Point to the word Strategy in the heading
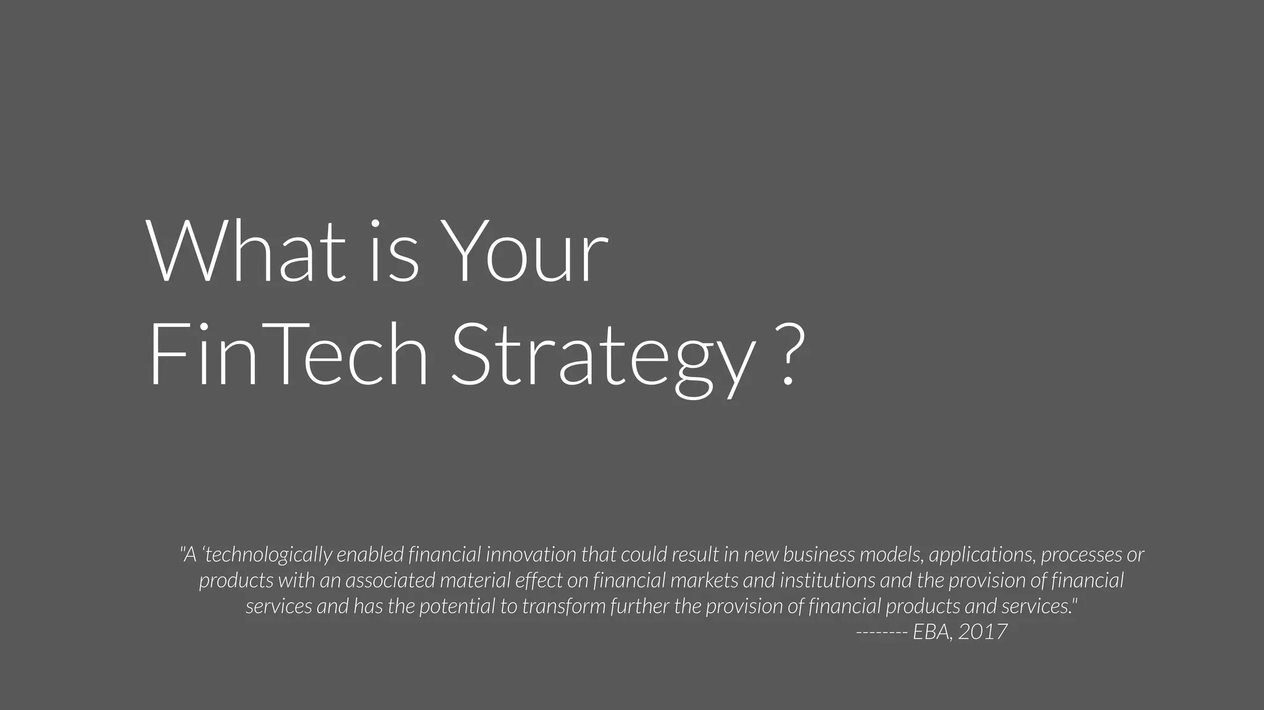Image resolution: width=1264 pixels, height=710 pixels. click(604, 358)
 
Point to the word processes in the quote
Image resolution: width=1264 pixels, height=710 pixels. click(1081, 555)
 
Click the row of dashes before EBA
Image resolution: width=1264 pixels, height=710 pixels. click(881, 632)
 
